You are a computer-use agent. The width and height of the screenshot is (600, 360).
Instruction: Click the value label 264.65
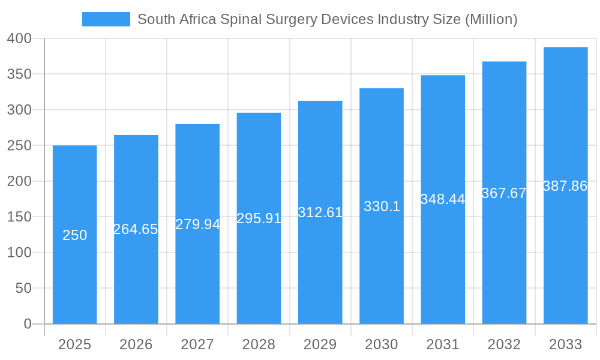136,229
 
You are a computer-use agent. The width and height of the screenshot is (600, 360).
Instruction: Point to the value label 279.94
197,224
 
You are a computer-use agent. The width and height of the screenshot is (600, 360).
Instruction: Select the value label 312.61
320,212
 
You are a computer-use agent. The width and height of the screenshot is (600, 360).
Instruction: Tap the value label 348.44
443,199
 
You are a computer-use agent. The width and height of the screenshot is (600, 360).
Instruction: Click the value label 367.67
504,193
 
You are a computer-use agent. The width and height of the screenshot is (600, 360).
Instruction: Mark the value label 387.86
565,186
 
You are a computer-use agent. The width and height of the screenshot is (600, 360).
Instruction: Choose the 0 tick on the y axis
28,324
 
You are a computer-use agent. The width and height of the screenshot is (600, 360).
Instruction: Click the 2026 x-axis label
136,344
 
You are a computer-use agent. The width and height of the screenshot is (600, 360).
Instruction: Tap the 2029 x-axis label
320,344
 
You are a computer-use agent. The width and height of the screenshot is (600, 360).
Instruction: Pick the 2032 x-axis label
504,344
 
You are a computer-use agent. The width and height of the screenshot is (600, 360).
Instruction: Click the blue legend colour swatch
106,19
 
